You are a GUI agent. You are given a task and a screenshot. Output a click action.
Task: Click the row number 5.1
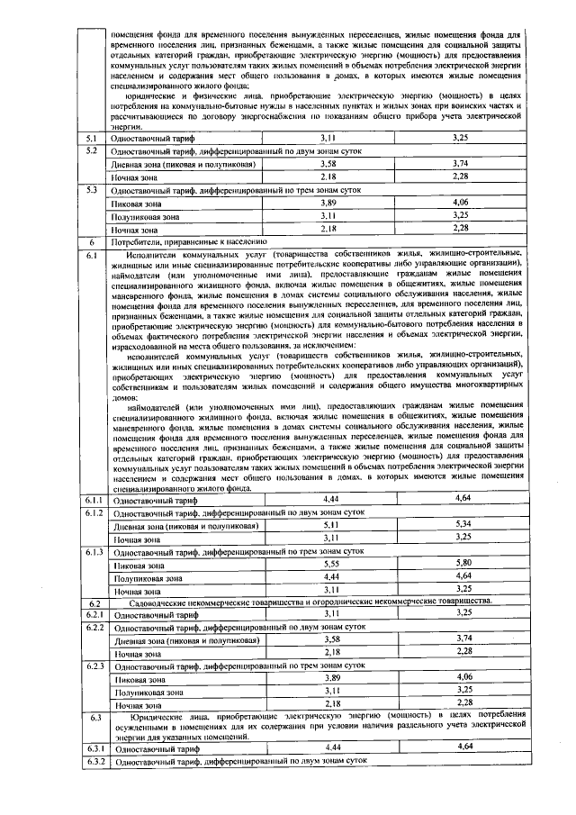coord(90,138)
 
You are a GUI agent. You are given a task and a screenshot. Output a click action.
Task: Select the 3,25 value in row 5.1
coord(460,138)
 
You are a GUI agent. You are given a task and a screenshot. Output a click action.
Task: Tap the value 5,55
coord(332,563)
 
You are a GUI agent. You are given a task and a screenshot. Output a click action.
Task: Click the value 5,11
coord(332,523)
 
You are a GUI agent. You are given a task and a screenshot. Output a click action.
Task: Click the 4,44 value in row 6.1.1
coord(332,497)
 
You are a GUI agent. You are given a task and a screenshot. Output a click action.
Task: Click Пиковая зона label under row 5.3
coord(133,204)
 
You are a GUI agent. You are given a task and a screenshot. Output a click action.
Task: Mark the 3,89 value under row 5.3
coord(332,204)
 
